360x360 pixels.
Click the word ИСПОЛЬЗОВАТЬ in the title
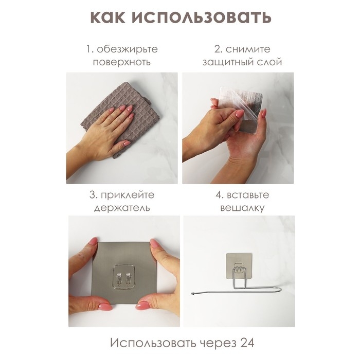pyautogui.click(x=203, y=17)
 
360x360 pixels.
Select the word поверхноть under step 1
pyautogui.click(x=122, y=62)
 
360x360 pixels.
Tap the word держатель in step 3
pyautogui.click(x=122, y=208)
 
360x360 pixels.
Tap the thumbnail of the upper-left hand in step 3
pyautogui.click(x=93, y=241)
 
